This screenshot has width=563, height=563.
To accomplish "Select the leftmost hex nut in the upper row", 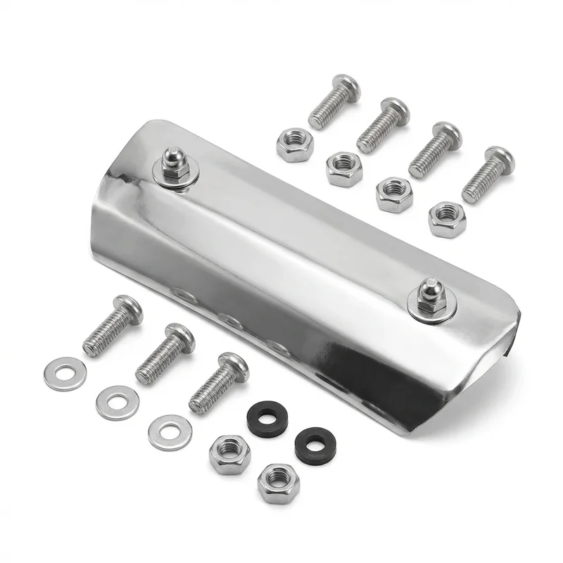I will pos(295,144).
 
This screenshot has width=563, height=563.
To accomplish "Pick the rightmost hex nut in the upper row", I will pos(447,219).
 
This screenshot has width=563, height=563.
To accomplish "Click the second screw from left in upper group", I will pos(383,125).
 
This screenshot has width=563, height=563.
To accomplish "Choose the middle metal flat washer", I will pos(118,403).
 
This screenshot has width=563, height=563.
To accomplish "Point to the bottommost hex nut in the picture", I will pos(278,482).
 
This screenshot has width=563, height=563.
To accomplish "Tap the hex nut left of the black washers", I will pos(229,454).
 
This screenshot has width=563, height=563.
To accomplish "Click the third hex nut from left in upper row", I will pos(394,194).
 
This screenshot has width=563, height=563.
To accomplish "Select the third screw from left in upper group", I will pos(434,149).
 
